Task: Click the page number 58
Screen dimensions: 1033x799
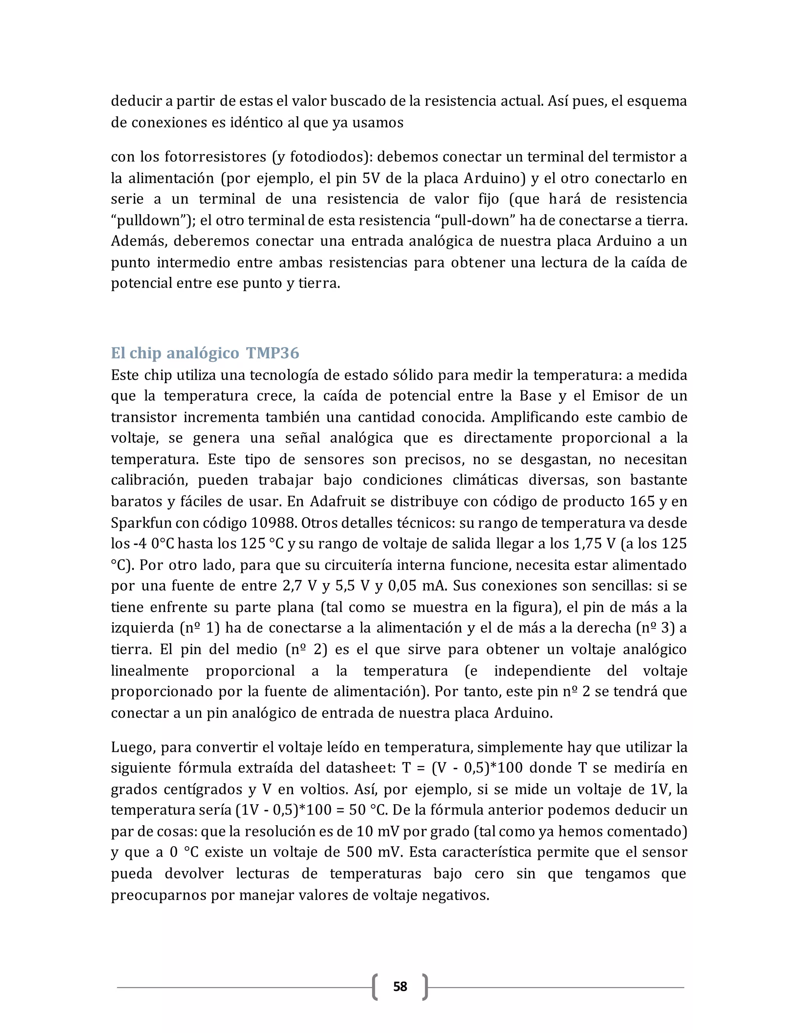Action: pos(400,987)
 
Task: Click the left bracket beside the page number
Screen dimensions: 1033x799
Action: pos(375,987)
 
